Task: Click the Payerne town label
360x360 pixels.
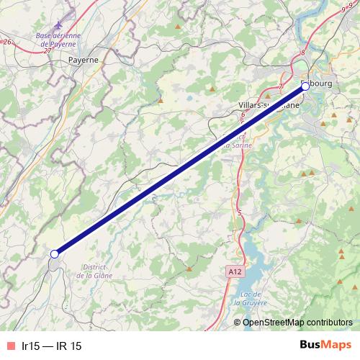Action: [x=83, y=60]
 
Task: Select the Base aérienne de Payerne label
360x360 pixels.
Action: [x=58, y=39]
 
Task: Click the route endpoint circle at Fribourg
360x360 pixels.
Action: [x=305, y=86]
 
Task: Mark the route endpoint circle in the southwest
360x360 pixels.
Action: [x=54, y=253]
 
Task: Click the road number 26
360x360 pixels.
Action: [x=8, y=42]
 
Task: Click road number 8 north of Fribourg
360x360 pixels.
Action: [x=304, y=52]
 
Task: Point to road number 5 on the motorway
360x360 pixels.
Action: [x=238, y=212]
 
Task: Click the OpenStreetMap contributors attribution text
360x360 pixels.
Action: [x=297, y=322]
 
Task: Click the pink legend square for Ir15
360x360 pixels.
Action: [x=9, y=346]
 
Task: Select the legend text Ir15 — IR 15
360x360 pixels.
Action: [x=52, y=346]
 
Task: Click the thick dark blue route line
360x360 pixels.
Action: [x=180, y=170]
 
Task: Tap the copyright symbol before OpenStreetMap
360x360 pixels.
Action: [x=238, y=322]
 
